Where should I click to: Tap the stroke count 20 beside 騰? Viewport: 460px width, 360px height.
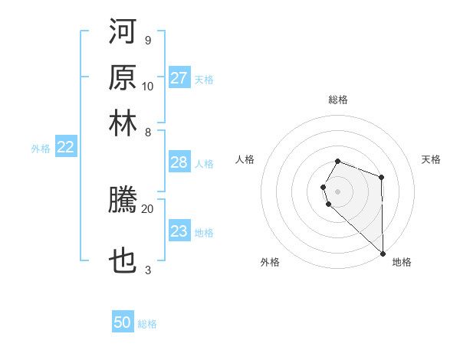point(148,208)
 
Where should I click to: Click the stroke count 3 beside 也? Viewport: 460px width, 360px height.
point(148,269)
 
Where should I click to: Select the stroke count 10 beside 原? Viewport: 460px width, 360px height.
point(148,86)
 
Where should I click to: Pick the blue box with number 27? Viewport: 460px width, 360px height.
point(179,78)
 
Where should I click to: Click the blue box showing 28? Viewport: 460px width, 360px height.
point(179,162)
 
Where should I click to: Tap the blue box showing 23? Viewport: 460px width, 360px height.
point(179,231)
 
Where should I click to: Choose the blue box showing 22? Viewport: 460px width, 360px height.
point(65,148)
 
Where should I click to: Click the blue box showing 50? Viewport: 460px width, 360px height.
point(123,322)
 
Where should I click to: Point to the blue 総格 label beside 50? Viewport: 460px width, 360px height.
point(147,324)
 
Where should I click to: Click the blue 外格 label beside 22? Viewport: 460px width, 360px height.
point(41,149)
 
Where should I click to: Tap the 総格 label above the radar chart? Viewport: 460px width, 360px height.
point(338,100)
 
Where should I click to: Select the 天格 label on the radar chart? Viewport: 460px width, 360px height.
point(432,159)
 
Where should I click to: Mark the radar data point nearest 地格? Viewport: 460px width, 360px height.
point(383,253)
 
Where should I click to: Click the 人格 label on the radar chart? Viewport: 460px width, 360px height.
point(245,159)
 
